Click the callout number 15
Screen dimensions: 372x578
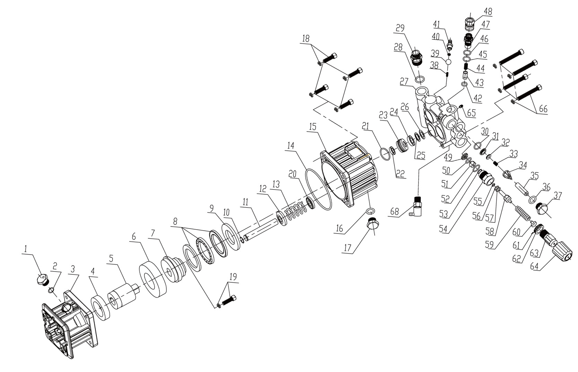point(313,127)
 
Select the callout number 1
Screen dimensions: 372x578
point(25,248)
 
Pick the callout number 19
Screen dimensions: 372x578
point(233,277)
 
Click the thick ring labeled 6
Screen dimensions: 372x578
point(151,280)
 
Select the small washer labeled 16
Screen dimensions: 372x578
point(370,211)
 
